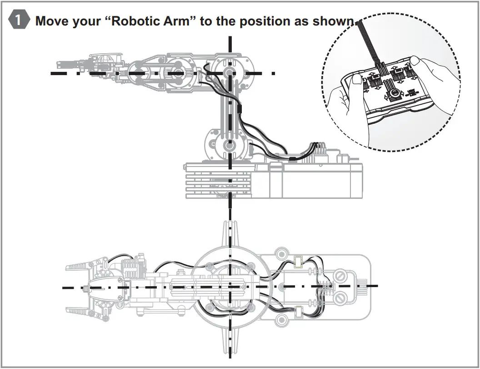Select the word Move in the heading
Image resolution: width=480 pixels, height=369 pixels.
click(52, 21)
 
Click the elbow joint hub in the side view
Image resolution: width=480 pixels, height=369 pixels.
click(230, 73)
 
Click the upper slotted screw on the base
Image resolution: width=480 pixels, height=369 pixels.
click(341, 275)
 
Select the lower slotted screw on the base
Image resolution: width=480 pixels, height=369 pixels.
click(341, 298)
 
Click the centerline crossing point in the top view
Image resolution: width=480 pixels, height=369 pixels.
click(231, 287)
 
